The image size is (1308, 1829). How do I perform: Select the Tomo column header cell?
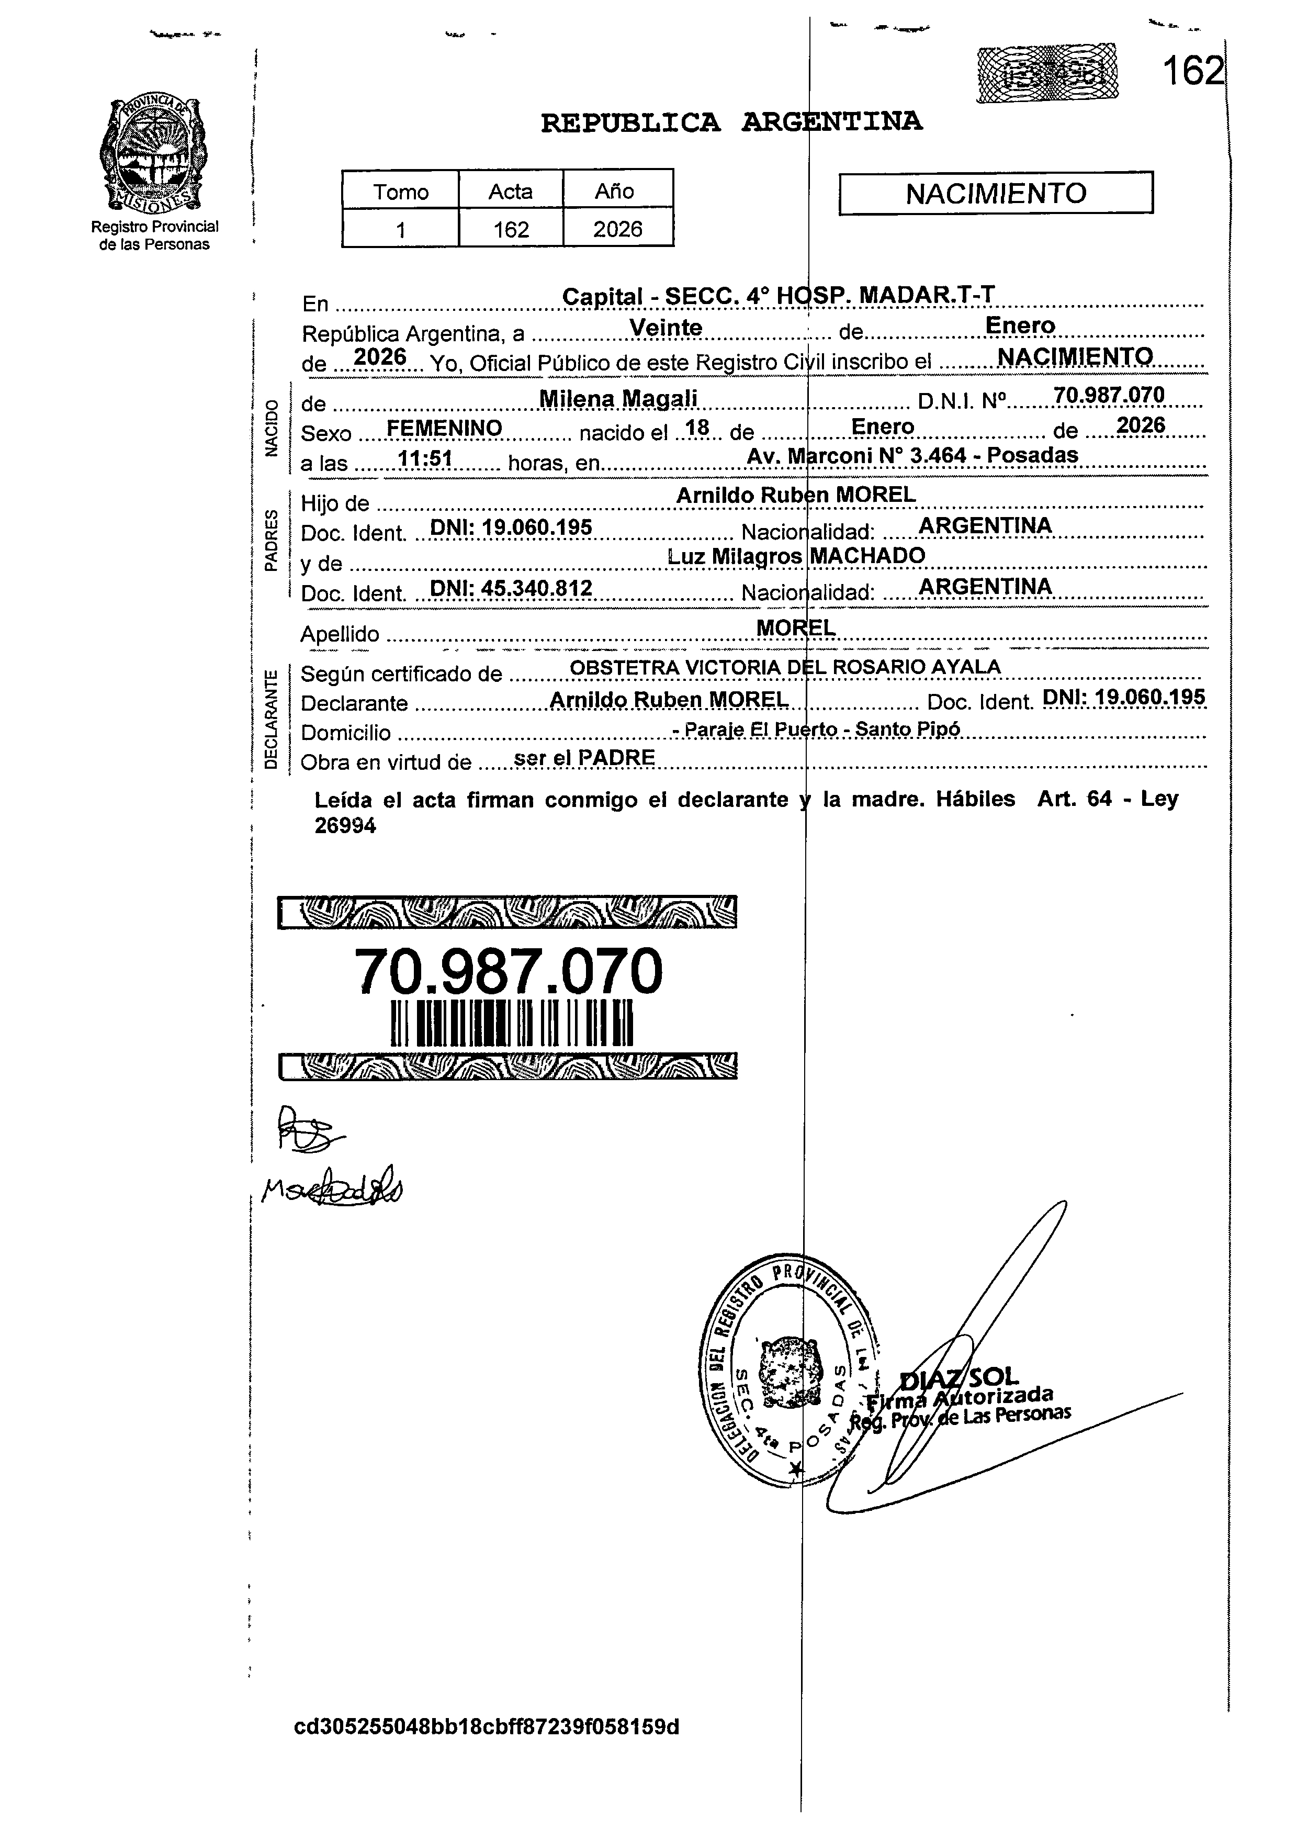point(400,192)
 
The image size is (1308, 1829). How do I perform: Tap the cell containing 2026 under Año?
point(618,230)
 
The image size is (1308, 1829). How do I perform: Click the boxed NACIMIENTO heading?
point(996,193)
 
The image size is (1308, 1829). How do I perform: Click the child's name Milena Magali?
point(618,398)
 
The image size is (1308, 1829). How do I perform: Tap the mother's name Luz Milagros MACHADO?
point(796,556)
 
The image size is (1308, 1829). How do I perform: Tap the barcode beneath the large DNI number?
point(512,1023)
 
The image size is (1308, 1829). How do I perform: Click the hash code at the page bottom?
point(487,1727)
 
